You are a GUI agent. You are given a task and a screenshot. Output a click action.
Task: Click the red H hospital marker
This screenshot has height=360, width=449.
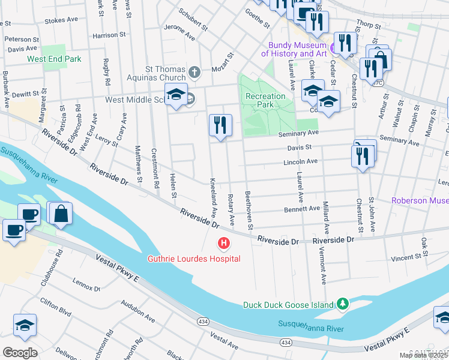tap(223, 244)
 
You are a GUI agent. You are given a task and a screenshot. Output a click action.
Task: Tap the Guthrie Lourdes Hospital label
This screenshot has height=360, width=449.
tap(194, 259)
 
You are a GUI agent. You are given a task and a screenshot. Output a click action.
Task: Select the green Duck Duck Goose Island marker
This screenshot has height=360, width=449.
tap(342, 304)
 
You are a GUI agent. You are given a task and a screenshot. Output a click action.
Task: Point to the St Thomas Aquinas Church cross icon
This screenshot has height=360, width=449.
tap(194, 73)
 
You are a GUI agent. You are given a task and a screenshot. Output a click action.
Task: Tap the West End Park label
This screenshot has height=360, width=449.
tap(54, 59)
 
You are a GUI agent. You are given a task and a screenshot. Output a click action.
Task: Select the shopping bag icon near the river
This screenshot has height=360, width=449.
tap(61, 214)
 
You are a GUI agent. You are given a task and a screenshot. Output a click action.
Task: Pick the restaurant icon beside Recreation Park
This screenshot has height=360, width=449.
tap(220, 125)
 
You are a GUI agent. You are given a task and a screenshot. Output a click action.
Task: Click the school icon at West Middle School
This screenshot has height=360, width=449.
tap(176, 96)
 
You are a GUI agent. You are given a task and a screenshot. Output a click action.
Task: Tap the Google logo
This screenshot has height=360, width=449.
tap(20, 352)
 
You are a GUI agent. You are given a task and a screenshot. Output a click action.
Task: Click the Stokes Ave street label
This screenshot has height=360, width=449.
tap(61, 20)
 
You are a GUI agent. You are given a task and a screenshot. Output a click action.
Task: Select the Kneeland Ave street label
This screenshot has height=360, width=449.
tap(212, 197)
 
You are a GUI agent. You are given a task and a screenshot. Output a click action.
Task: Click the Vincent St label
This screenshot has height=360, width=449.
tap(405, 257)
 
